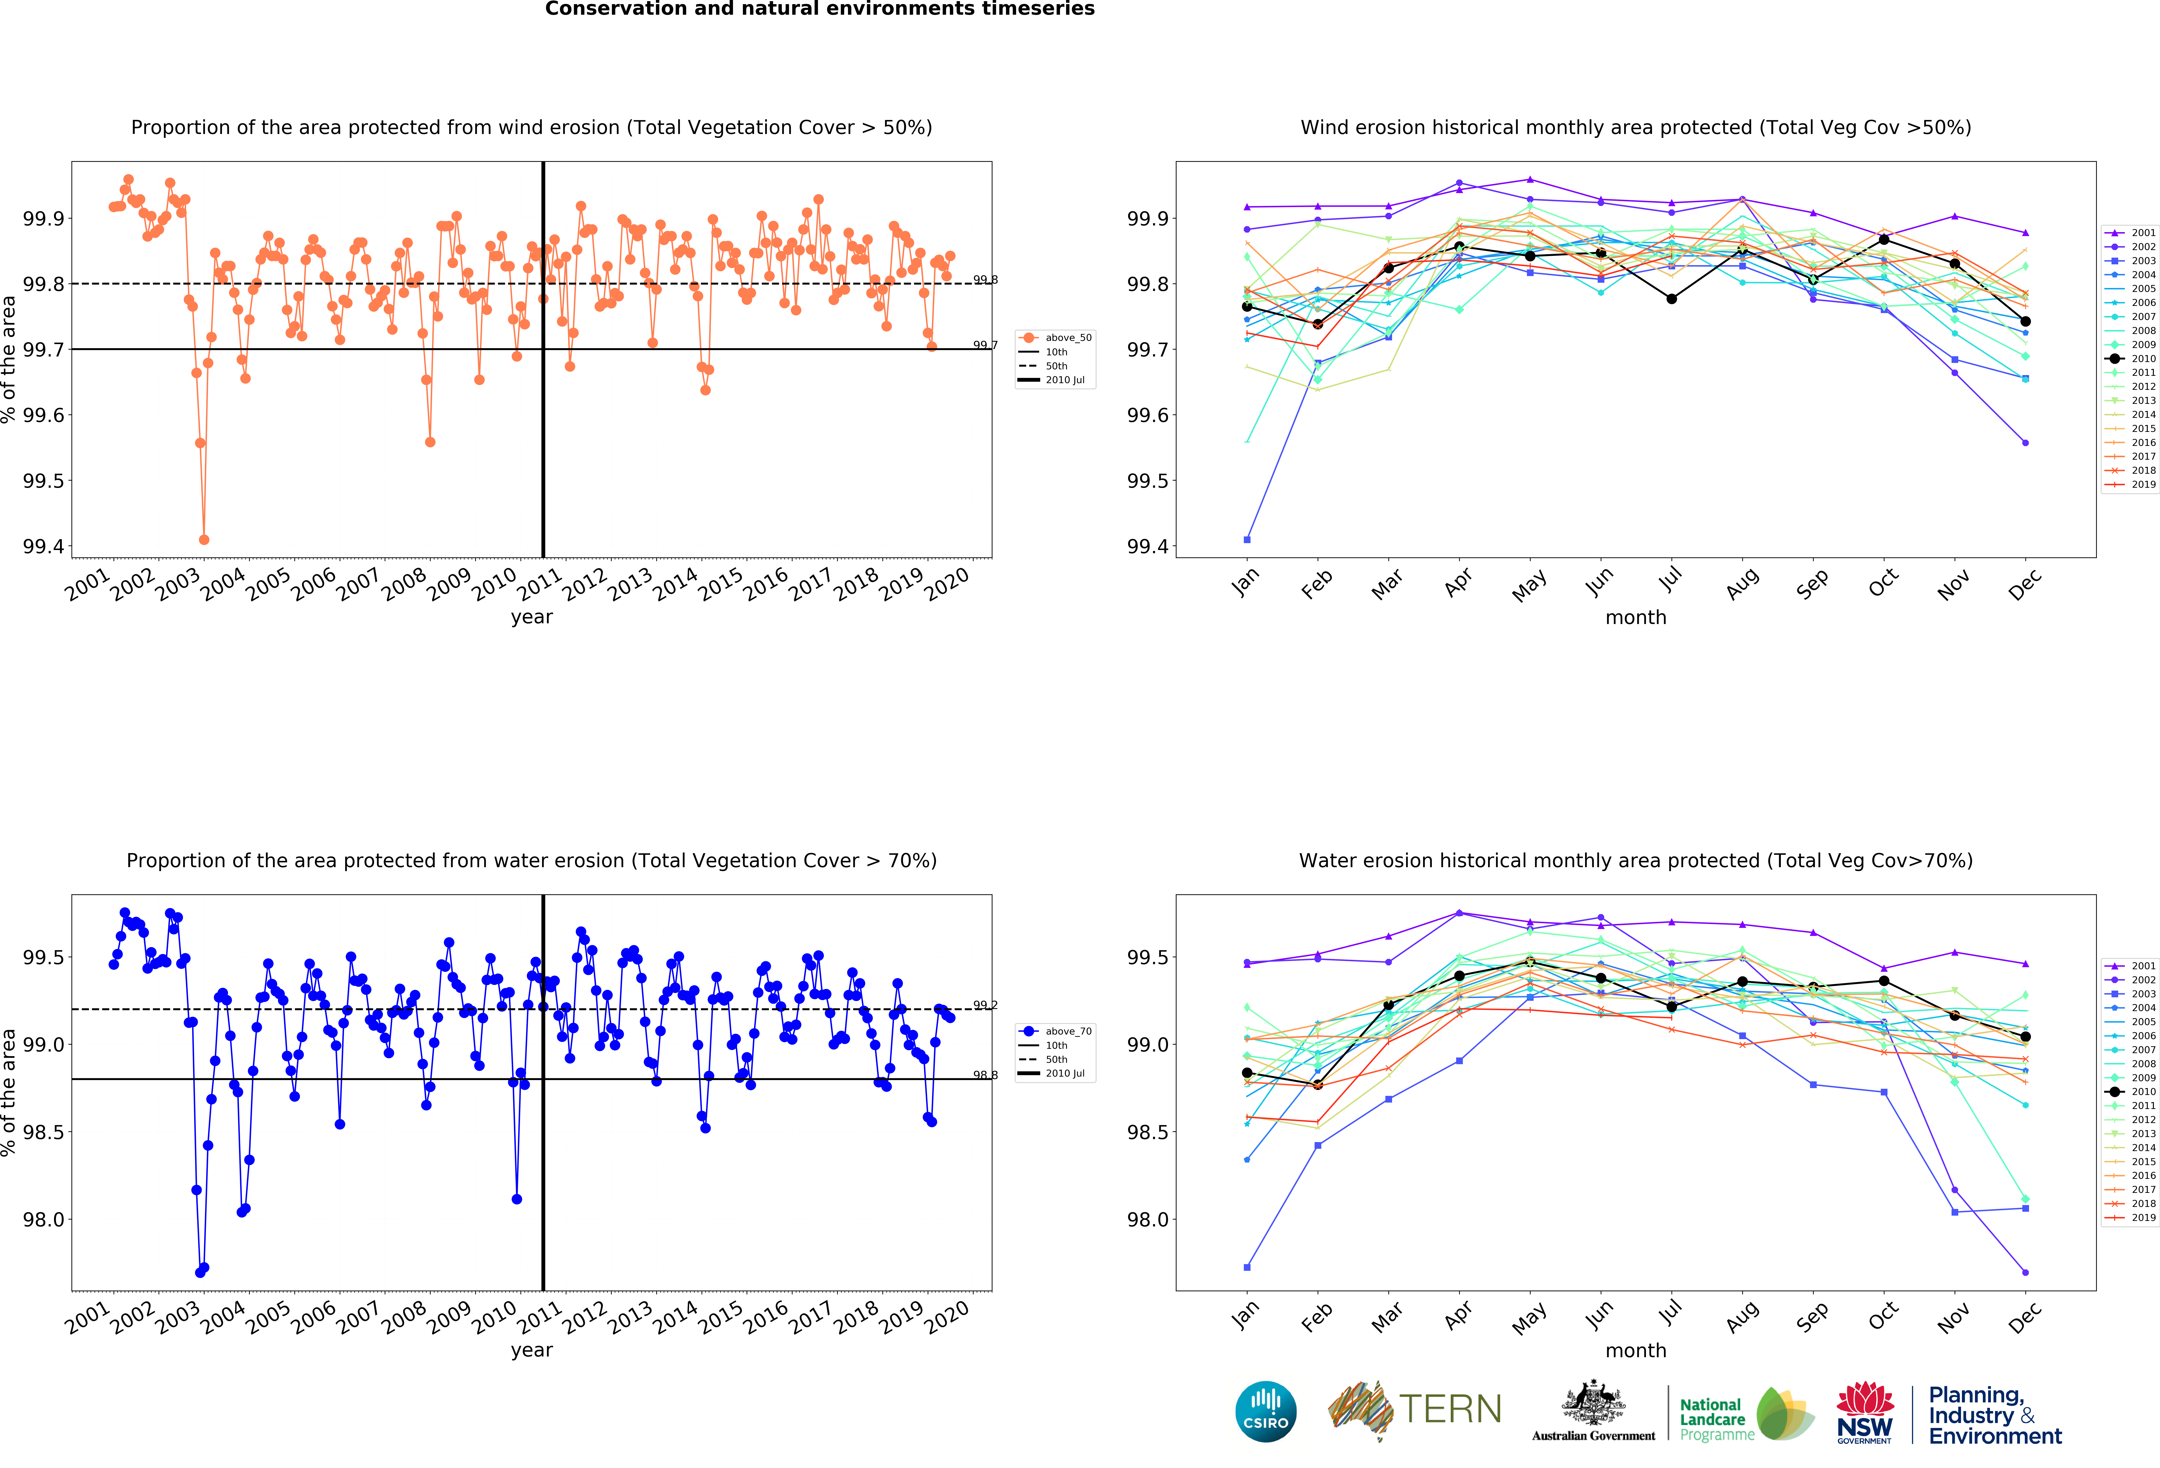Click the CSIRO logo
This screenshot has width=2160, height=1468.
coord(1266,1411)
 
